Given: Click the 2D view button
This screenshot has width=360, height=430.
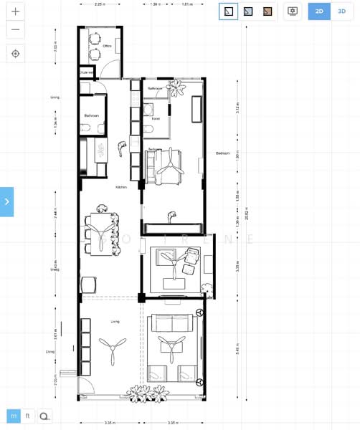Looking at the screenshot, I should coord(319,11).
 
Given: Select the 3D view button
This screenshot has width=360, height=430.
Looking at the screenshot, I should coord(342,11).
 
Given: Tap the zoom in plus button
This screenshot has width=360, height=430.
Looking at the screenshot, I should coord(15,12).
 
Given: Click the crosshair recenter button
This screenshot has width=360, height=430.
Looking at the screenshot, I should coord(15,54).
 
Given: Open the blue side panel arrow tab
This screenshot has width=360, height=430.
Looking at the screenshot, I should coord(6,201).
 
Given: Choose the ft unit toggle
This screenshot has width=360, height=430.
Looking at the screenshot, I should coord(28,416).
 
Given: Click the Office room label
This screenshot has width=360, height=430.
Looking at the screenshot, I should coord(107,45).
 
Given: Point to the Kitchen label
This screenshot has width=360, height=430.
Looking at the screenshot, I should coord(121,187).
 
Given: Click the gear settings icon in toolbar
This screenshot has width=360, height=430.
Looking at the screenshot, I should coord(293,11).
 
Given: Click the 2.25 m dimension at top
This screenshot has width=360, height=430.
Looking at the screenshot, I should coord(100,4).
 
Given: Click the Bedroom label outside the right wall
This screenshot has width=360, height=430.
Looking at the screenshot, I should coord(223,153).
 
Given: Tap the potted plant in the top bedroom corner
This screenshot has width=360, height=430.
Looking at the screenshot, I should coord(176,88).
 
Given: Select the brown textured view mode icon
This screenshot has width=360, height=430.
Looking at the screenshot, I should coord(267,11).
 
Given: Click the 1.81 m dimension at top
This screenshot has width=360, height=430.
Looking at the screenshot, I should coord(187,4).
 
